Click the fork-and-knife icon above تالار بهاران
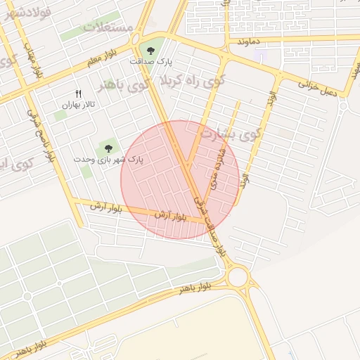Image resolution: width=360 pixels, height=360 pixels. pyautogui.click(x=78, y=94)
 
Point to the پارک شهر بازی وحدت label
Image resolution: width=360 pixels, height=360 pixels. pyautogui.click(x=108, y=160)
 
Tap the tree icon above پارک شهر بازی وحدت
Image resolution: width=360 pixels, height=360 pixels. pyautogui.click(x=108, y=148)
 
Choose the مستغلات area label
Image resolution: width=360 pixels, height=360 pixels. pyautogui.click(x=108, y=28)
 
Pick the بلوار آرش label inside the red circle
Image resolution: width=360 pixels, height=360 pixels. pyautogui.click(x=172, y=217)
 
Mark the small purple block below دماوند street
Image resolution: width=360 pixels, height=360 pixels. pyautogui.click(x=261, y=54)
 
